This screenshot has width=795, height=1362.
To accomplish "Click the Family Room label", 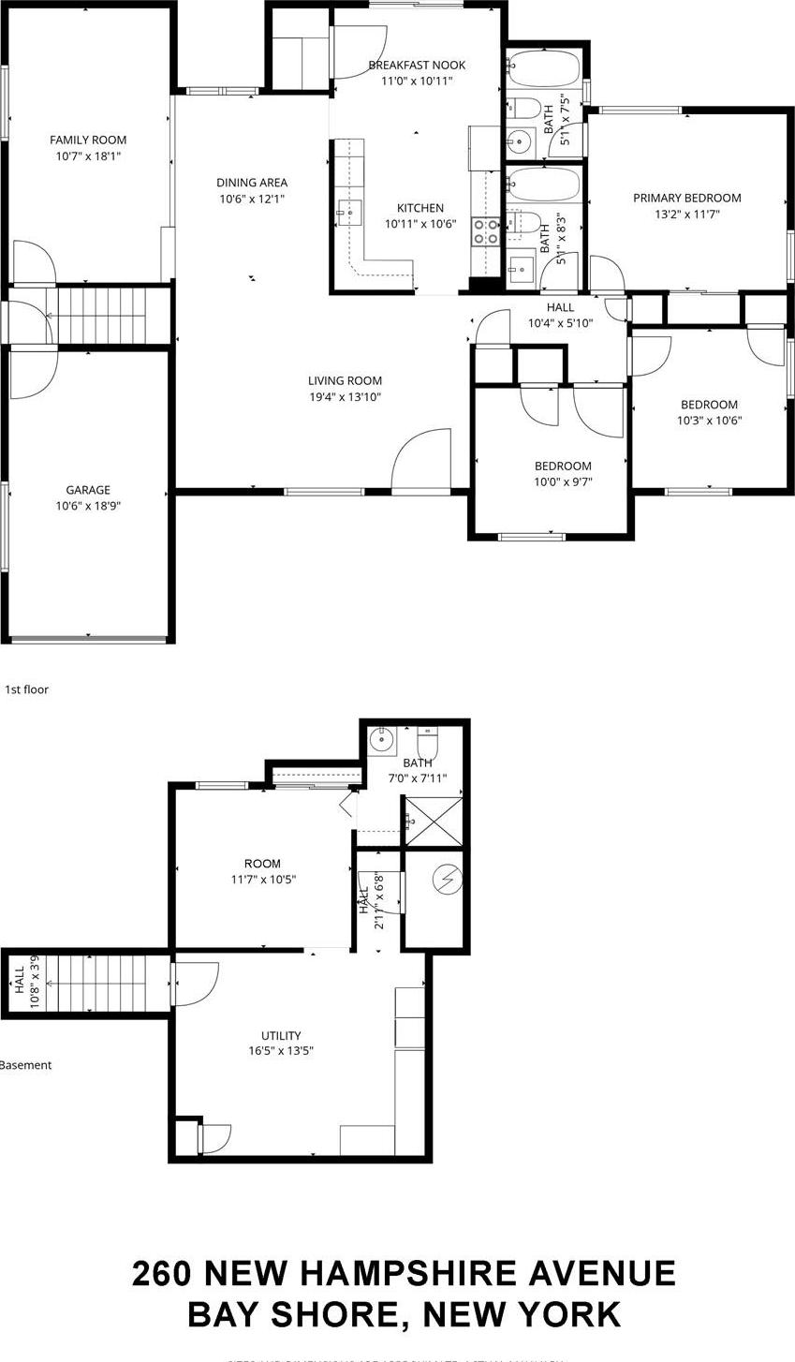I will [x=88, y=141].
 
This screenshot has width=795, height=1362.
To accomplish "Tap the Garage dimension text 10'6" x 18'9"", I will [x=88, y=506].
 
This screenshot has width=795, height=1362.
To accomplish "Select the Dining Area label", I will [x=252, y=183].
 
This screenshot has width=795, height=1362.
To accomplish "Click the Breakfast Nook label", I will [x=417, y=65].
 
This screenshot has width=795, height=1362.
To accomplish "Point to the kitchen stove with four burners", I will [x=485, y=232].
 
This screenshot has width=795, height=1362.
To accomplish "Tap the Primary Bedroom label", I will [x=686, y=198].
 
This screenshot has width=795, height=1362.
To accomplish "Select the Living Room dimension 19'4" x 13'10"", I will [x=345, y=397].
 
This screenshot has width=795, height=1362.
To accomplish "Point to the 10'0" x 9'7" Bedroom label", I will [x=563, y=466].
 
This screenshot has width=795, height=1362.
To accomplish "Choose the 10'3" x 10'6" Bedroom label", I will [x=709, y=405].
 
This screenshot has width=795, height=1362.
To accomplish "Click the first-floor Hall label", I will [x=560, y=307].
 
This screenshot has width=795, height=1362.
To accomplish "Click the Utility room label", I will [x=281, y=1035].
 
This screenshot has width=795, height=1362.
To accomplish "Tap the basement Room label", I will [x=262, y=864].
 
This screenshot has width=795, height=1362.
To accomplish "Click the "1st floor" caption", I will [x=26, y=689].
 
